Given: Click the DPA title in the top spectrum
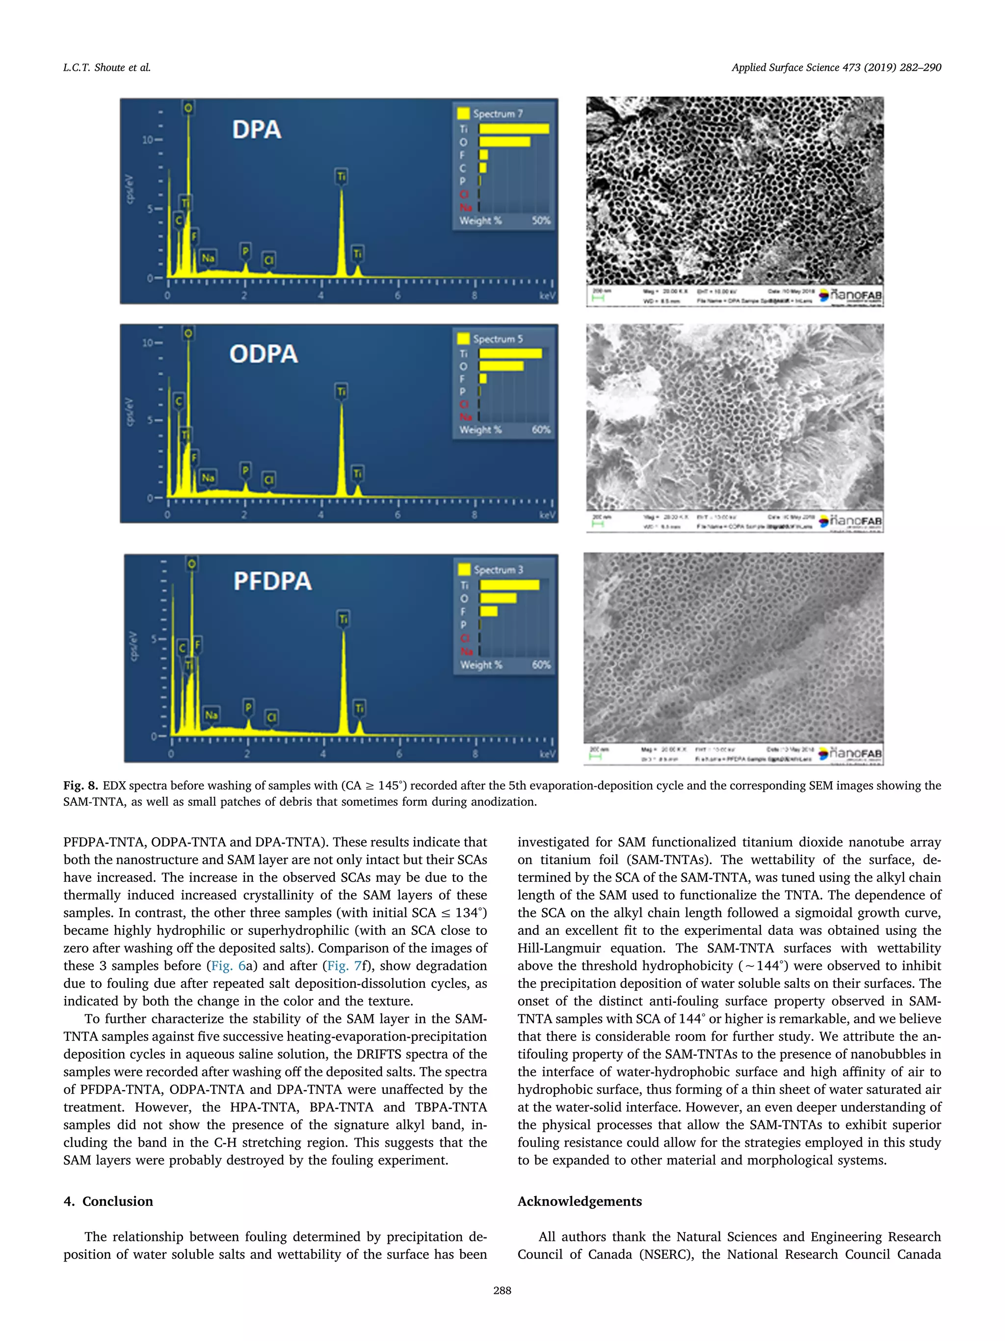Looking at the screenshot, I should tap(257, 130).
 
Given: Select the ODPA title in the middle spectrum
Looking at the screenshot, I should tap(264, 354).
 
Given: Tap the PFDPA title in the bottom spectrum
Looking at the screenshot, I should tap(273, 581).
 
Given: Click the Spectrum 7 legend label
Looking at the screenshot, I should tap(498, 113).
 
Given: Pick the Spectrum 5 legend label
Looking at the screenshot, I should tap(498, 339).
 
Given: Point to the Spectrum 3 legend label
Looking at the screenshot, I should tap(498, 570).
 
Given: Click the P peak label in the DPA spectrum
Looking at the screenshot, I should tap(245, 250).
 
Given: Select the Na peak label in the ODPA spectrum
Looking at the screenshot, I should tap(208, 478).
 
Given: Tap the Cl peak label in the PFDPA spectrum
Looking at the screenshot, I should tap(271, 717).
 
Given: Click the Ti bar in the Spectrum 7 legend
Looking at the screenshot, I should tap(514, 129).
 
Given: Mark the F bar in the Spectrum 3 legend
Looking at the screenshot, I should tap(489, 611).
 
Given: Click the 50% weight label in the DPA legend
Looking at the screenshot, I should tap(541, 220).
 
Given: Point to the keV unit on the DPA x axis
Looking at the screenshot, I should tap(547, 296).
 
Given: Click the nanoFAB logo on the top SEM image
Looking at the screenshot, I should tap(851, 295).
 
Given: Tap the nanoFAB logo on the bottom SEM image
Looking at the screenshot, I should tap(851, 754).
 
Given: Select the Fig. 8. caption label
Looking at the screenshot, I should tap(80, 786).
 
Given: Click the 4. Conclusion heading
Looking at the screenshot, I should tap(108, 1202).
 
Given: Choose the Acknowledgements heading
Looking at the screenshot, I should tap(579, 1202).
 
